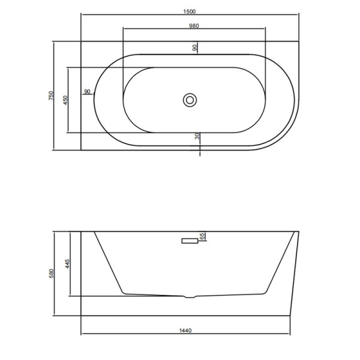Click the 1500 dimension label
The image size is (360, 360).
click(x=190, y=11)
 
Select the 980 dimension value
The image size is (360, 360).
click(x=194, y=26)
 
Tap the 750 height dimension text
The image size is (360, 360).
click(x=51, y=95)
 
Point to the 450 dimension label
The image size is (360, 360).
click(x=65, y=100)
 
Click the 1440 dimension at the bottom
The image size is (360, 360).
click(x=185, y=331)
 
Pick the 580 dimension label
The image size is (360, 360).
click(x=51, y=274)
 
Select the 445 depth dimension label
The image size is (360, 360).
click(x=67, y=264)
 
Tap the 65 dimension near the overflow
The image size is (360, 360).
click(x=202, y=236)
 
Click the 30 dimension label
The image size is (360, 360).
click(x=197, y=136)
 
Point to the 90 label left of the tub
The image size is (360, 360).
click(x=88, y=91)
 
